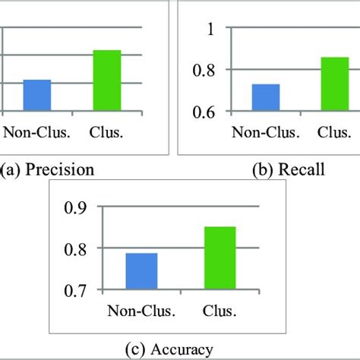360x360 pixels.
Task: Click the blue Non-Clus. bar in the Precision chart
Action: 37,96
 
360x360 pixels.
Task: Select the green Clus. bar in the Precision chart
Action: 107,81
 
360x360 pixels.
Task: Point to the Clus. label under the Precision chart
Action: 107,131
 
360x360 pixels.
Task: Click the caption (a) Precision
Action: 49,169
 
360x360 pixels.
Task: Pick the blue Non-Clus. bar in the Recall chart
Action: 266,97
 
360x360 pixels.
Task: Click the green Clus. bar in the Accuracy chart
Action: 221,257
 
